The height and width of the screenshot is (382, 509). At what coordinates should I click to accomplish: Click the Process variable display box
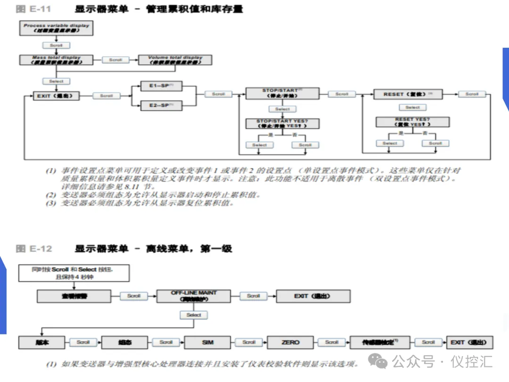click(x=56, y=28)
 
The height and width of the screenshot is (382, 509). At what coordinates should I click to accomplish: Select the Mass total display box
click(x=56, y=60)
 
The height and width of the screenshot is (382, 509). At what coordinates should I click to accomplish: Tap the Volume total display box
click(x=175, y=60)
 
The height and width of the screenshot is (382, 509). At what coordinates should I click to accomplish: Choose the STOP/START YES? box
click(x=282, y=124)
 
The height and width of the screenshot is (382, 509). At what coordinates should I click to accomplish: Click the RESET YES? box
click(x=412, y=122)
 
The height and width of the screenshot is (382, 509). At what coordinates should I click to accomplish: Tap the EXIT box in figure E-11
click(x=56, y=96)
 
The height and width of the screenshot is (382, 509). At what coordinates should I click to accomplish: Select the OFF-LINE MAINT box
click(x=194, y=296)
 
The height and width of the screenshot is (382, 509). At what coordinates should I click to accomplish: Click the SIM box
click(x=208, y=342)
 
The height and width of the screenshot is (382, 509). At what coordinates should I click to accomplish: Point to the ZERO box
click(x=290, y=342)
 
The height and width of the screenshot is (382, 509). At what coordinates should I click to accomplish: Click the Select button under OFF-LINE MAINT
click(x=194, y=315)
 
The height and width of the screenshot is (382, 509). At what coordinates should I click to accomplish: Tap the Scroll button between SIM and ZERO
click(x=249, y=342)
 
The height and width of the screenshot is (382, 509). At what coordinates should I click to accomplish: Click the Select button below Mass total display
click(x=56, y=81)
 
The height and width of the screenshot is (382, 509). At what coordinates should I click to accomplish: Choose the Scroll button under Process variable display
click(x=56, y=45)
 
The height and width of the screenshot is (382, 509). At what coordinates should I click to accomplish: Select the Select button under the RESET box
click(x=412, y=108)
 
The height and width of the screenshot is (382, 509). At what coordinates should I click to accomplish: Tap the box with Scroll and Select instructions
click(x=74, y=273)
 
